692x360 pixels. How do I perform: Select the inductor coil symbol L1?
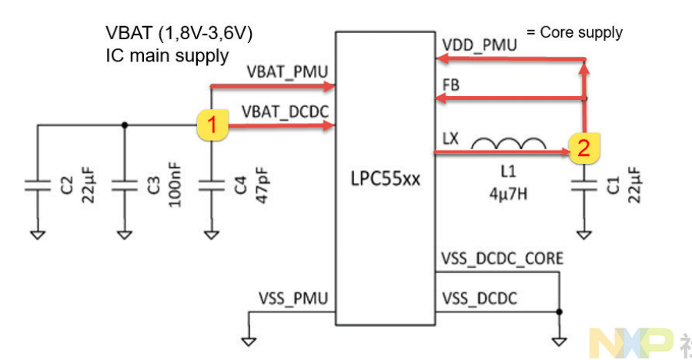[x=509, y=144]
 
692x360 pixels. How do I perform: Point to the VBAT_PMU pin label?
[x=288, y=72]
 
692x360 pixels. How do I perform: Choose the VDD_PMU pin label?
[x=480, y=45]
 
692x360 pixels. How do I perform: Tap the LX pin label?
[x=451, y=138]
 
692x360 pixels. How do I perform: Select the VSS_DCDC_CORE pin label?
[x=502, y=258]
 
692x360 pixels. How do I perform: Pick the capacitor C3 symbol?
[x=125, y=185]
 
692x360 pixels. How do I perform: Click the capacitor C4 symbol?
[x=211, y=185]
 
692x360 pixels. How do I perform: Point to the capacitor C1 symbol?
[x=584, y=185]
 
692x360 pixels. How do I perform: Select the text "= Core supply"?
[x=574, y=32]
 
